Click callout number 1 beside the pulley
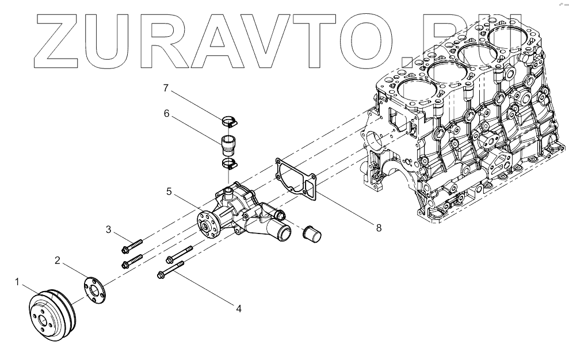pyautogui.click(x=17, y=282)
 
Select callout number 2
pyautogui.click(x=58, y=260)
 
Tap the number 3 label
pyautogui.click(x=108, y=231)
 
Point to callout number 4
pyautogui.click(x=238, y=308)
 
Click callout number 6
pyautogui.click(x=166, y=113)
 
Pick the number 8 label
pyautogui.click(x=379, y=227)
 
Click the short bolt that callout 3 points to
pyautogui.click(x=132, y=246)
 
